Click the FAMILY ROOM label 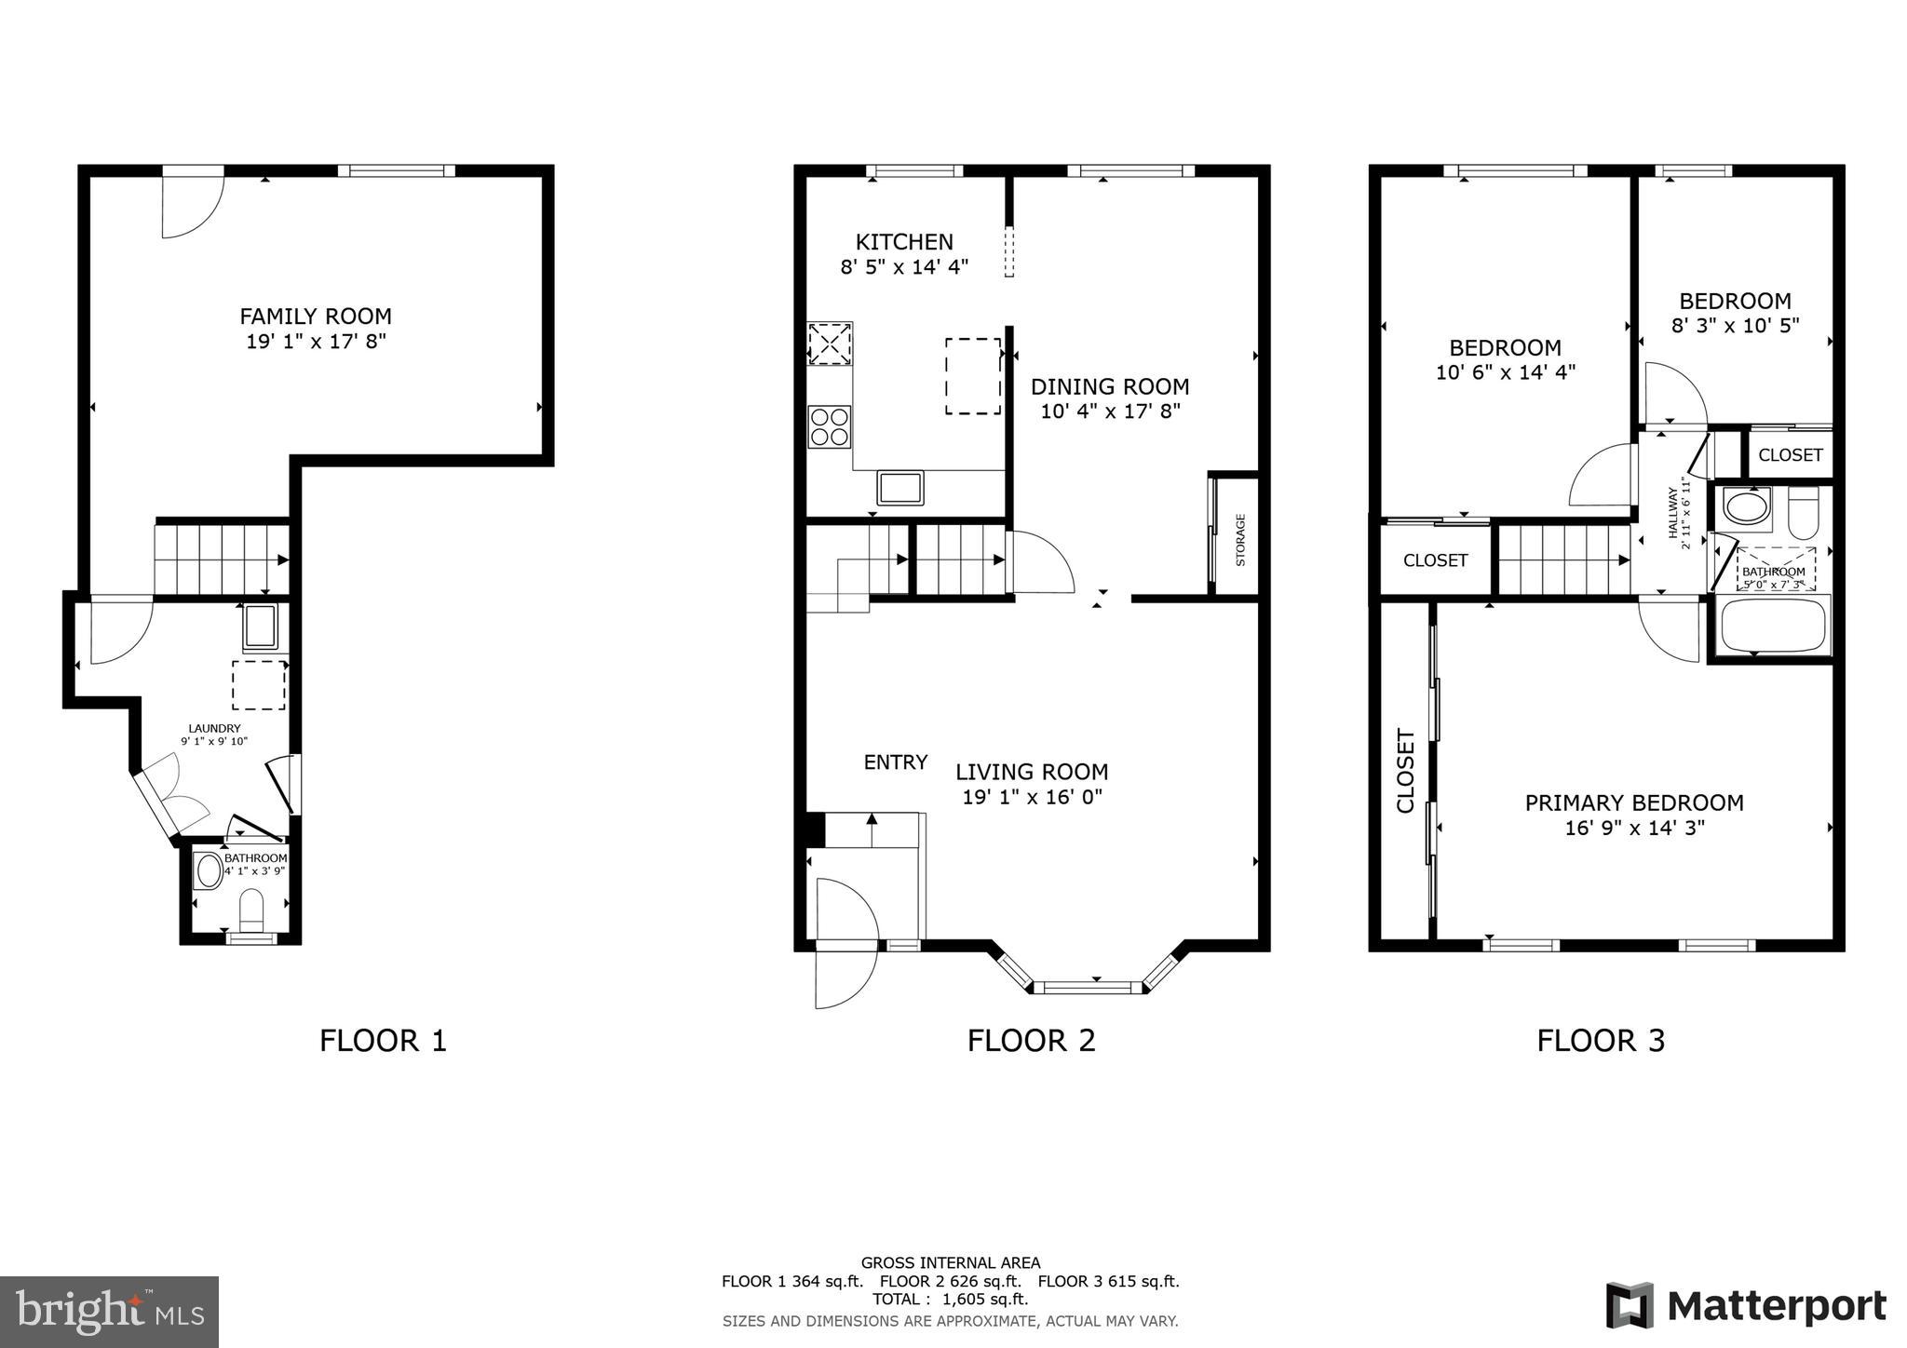tap(316, 317)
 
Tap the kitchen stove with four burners tap(829, 427)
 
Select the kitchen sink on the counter tap(899, 488)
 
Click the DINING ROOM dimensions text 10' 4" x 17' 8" tap(1110, 411)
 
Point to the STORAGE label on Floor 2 tap(1240, 540)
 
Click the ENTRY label tap(895, 762)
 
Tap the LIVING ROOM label tap(1032, 772)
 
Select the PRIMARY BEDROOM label tap(1634, 802)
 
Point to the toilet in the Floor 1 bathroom tap(252, 910)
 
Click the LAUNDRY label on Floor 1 tap(214, 729)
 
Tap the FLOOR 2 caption tap(1031, 1041)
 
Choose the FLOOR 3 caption tap(1600, 1041)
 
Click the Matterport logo tap(1746, 1305)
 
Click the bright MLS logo tap(109, 1312)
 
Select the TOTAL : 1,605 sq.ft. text tap(950, 1300)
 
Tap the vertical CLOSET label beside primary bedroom tap(1405, 772)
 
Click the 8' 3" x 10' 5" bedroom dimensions tap(1735, 326)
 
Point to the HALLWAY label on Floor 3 tap(1672, 513)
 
